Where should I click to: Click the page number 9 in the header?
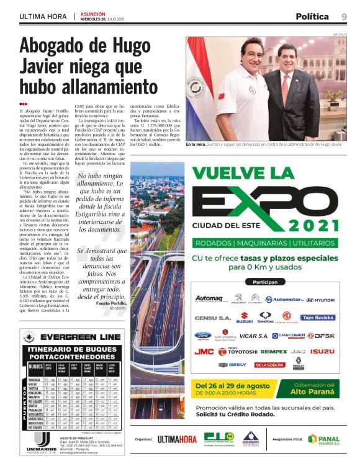(343, 17)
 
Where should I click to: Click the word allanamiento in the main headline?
(89, 86)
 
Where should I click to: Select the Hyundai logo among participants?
(320, 300)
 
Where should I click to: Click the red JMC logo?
(204, 351)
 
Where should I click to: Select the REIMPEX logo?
(274, 351)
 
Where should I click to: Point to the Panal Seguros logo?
(323, 439)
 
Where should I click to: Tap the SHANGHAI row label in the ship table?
(35, 379)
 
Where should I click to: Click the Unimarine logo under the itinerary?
(42, 441)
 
